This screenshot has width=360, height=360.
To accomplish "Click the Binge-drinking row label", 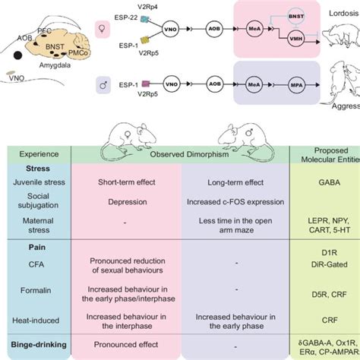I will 38,345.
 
